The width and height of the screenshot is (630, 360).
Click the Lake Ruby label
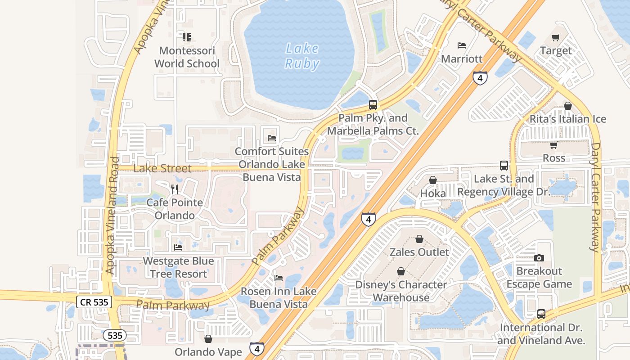[302, 56]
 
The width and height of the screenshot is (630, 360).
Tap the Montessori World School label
[187, 57]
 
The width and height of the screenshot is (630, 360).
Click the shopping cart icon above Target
[556, 37]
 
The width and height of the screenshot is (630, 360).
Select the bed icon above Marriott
[461, 45]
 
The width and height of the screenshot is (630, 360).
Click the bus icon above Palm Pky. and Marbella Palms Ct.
[373, 105]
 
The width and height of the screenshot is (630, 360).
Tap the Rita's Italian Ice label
[568, 119]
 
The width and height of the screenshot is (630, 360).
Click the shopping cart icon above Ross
[553, 145]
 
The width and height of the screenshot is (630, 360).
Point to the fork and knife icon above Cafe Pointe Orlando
[175, 189]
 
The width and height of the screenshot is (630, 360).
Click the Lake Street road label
[162, 169]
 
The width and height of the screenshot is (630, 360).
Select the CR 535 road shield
[94, 302]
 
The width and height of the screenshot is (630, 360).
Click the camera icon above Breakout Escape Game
[539, 258]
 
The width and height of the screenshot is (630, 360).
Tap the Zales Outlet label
[419, 252]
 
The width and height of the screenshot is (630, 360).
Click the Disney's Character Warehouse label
[401, 291]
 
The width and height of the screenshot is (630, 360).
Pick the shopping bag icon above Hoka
[432, 180]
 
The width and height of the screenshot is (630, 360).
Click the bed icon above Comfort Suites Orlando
[271, 138]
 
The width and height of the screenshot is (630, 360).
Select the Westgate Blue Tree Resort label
[178, 267]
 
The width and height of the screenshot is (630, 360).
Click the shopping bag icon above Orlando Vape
[208, 338]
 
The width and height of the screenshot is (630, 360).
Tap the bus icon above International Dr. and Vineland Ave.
[541, 314]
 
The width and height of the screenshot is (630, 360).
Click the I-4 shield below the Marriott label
[480, 78]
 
